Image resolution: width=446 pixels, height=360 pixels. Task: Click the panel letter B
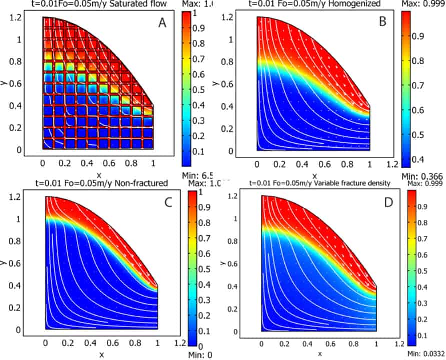pos(382,21)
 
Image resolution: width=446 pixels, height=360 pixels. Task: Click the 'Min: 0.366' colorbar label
pos(423,176)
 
